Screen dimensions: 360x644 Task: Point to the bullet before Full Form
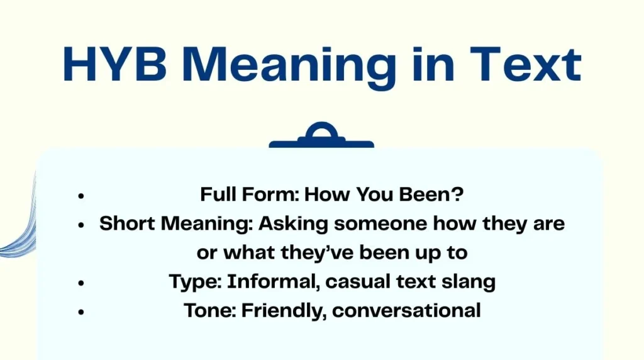click(81, 196)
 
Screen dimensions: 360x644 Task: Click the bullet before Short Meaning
click(81, 225)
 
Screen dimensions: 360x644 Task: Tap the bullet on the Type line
click(81, 283)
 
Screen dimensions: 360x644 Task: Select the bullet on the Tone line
click(81, 312)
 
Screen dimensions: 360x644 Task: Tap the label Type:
click(195, 282)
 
